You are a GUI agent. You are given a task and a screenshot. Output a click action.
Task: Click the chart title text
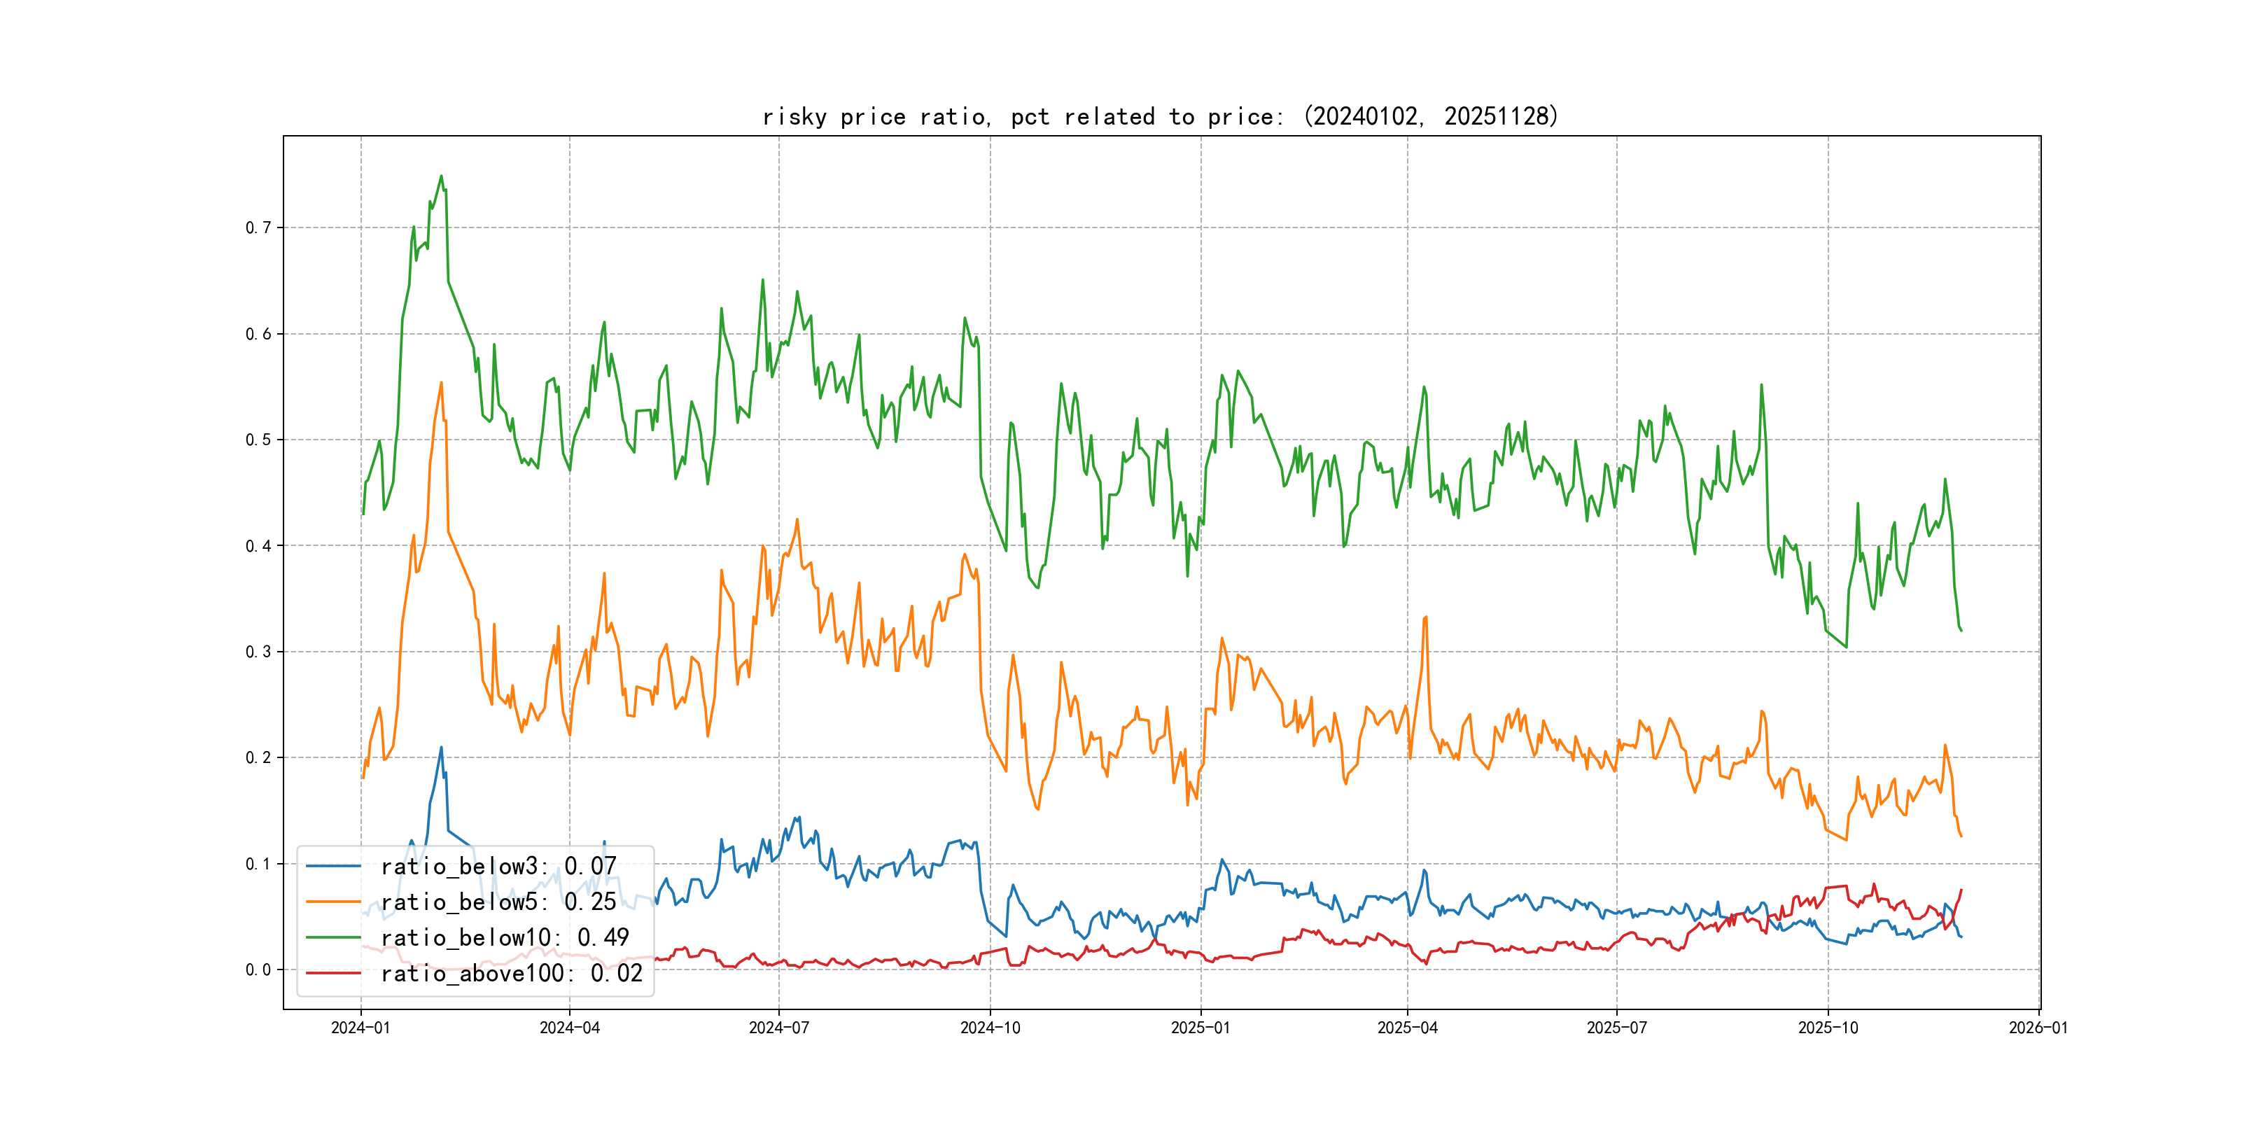(1159, 116)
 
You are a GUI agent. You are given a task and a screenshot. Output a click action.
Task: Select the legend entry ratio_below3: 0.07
(498, 867)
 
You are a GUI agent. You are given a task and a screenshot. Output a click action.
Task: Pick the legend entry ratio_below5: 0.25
(498, 902)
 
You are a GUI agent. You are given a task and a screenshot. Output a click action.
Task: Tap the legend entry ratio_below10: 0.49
(505, 938)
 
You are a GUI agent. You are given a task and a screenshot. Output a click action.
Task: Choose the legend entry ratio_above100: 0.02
(511, 974)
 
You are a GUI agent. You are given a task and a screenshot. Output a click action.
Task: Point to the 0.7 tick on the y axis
(258, 228)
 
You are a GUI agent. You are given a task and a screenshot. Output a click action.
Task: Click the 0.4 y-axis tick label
(258, 546)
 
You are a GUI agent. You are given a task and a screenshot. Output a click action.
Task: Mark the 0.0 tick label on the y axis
(258, 970)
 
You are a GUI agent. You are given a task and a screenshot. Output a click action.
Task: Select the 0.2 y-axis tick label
(258, 758)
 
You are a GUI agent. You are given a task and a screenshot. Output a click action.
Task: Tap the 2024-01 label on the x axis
(360, 1028)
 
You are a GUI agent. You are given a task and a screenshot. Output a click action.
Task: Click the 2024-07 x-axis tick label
(778, 1028)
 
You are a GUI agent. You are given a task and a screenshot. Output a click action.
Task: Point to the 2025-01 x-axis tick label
(1200, 1028)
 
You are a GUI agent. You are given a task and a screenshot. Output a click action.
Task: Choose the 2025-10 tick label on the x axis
(1828, 1028)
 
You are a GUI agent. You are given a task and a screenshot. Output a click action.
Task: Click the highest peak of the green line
(441, 176)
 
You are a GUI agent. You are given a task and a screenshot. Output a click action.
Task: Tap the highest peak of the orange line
(441, 383)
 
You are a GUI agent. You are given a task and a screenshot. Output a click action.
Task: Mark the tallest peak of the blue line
(441, 748)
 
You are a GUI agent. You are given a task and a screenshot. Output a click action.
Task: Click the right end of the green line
(1961, 631)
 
